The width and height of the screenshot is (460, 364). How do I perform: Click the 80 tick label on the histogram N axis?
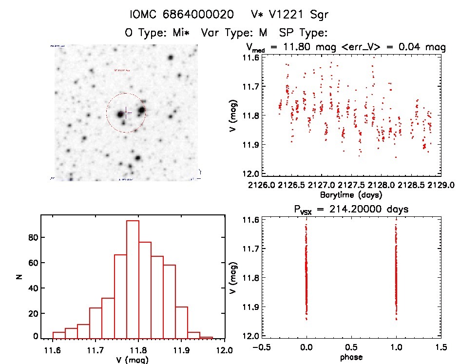tap(32, 237)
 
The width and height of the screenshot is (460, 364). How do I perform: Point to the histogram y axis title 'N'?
tap(19, 278)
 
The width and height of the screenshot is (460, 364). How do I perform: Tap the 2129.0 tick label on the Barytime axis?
tap(443, 186)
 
